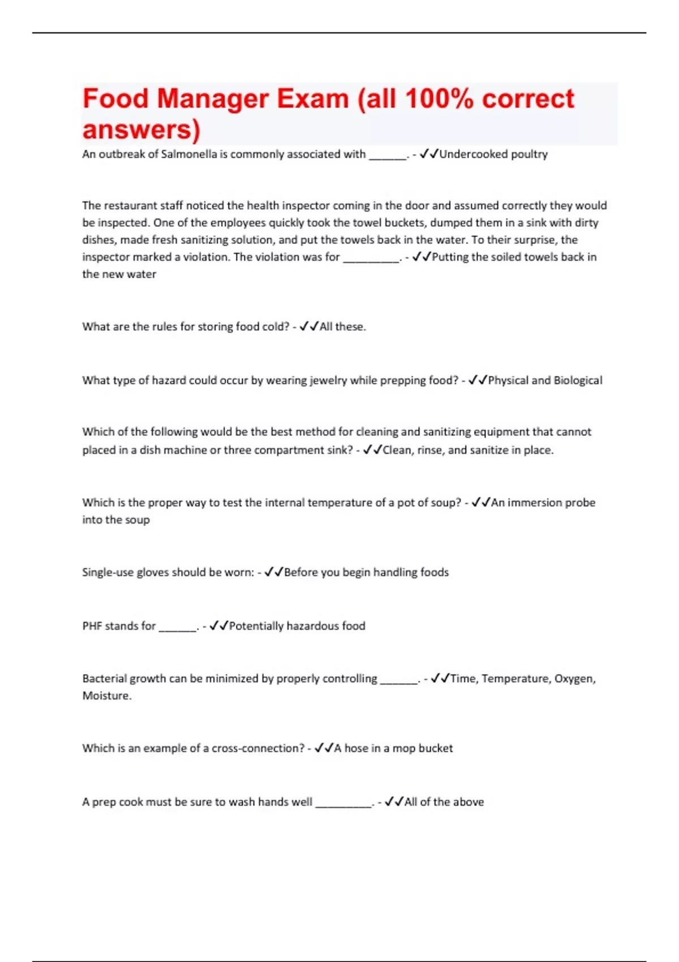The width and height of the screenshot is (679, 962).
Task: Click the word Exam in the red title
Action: point(312,98)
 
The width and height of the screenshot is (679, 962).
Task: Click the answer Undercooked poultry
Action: point(493,154)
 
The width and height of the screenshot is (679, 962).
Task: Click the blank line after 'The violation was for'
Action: point(371,257)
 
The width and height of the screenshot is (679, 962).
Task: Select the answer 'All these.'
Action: point(343,327)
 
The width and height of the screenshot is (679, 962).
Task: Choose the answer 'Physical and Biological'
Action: point(545,380)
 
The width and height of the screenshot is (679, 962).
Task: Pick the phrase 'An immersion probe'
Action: point(543,503)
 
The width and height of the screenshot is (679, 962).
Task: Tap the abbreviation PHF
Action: point(92,626)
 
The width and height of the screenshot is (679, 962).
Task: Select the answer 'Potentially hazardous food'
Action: point(297,626)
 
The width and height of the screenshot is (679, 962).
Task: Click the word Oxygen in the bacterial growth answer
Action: point(574,678)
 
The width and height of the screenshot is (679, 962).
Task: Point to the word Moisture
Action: point(106,695)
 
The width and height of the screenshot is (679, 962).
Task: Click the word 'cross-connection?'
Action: point(258,748)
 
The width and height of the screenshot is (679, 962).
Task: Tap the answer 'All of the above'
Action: point(444,802)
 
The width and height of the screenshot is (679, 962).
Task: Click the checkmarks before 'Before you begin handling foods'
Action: point(274,572)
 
